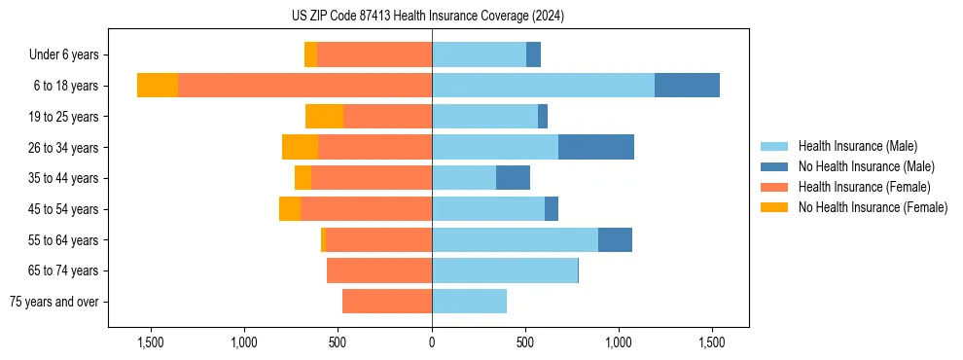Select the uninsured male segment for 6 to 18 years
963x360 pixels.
[x=687, y=86]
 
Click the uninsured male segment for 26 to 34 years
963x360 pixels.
[x=596, y=147]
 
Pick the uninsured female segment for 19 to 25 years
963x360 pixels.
[x=324, y=117]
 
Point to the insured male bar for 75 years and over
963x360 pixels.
[x=469, y=302]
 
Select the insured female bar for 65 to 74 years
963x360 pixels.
[x=379, y=270]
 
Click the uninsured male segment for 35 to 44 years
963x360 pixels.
[x=513, y=178]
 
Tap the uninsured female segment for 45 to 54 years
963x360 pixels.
[x=290, y=209]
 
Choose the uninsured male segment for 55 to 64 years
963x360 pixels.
[x=615, y=239]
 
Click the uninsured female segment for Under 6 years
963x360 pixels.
[x=310, y=54]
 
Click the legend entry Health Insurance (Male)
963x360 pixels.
[x=857, y=146]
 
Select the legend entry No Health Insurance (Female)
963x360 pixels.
[x=873, y=207]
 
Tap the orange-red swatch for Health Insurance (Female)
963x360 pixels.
[x=774, y=187]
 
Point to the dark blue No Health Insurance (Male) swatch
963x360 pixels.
[x=774, y=166]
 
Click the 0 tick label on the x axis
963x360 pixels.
[x=432, y=342]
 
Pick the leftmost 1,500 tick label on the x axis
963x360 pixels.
[x=151, y=342]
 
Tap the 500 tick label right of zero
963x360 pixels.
[x=525, y=342]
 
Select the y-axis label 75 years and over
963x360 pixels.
[x=54, y=302]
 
